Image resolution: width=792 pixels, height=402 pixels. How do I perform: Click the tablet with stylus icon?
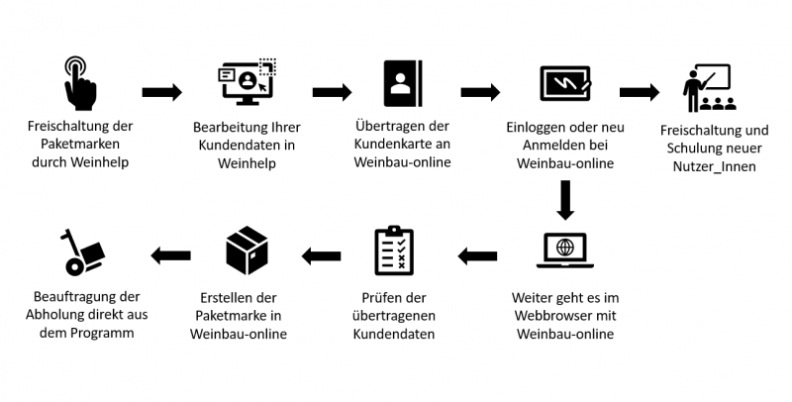pyautogui.click(x=565, y=83)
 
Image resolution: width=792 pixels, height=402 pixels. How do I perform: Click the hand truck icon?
pyautogui.click(x=82, y=251)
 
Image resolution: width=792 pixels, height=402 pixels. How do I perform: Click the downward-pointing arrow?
pyautogui.click(x=565, y=199)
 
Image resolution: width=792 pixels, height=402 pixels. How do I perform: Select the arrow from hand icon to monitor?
pyautogui.click(x=161, y=92)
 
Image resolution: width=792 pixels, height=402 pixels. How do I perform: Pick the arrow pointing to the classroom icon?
pyautogui.click(x=640, y=92)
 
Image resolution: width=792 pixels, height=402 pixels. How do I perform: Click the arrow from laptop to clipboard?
pyautogui.click(x=477, y=256)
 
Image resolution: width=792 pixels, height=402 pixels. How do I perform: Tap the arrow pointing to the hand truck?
pyautogui.click(x=170, y=256)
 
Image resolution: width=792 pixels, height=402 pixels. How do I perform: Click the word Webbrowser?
pyautogui.click(x=557, y=315)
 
